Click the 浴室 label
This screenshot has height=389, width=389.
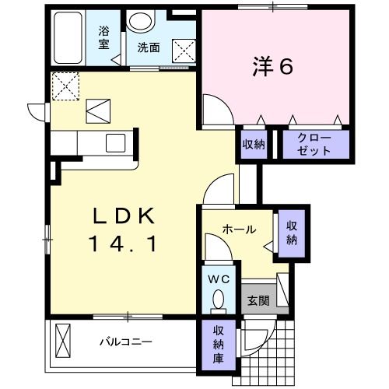click(103, 38)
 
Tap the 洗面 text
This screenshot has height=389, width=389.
click(149, 47)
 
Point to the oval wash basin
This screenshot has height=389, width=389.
click(141, 22)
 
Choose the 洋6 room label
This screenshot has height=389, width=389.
click(272, 68)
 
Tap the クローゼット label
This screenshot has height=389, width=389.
click(314, 144)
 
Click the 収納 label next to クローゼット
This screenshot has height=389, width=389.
click(252, 144)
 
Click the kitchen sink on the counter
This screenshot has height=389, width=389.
click(116, 142)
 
